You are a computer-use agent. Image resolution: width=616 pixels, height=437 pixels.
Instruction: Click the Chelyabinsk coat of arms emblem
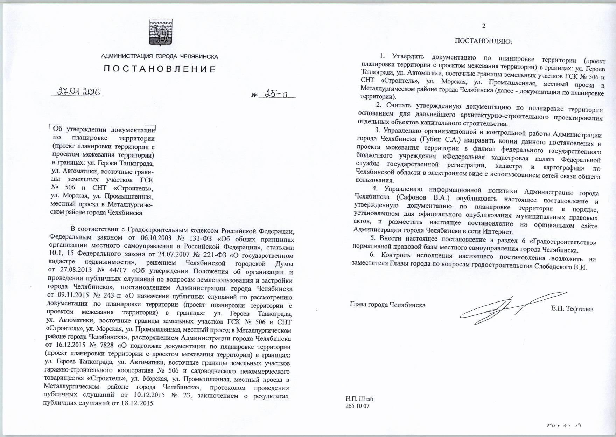click(161, 32)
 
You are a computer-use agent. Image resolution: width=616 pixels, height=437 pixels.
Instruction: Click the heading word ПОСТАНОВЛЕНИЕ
click(160, 69)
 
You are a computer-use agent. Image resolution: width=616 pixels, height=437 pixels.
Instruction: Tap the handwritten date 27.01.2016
click(79, 92)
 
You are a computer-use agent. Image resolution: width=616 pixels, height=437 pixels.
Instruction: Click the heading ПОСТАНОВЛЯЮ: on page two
click(483, 41)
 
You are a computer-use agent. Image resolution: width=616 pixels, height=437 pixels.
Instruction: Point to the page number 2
click(484, 26)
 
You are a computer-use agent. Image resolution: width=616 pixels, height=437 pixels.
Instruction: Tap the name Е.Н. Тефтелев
click(572, 308)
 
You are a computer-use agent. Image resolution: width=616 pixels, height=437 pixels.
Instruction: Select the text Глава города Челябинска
click(388, 305)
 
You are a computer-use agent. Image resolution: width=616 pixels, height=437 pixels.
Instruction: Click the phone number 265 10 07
click(357, 406)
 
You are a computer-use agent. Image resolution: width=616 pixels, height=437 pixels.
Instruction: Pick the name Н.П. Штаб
click(359, 399)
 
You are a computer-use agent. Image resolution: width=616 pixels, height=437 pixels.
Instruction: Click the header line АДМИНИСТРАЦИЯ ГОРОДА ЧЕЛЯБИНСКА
click(160, 56)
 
